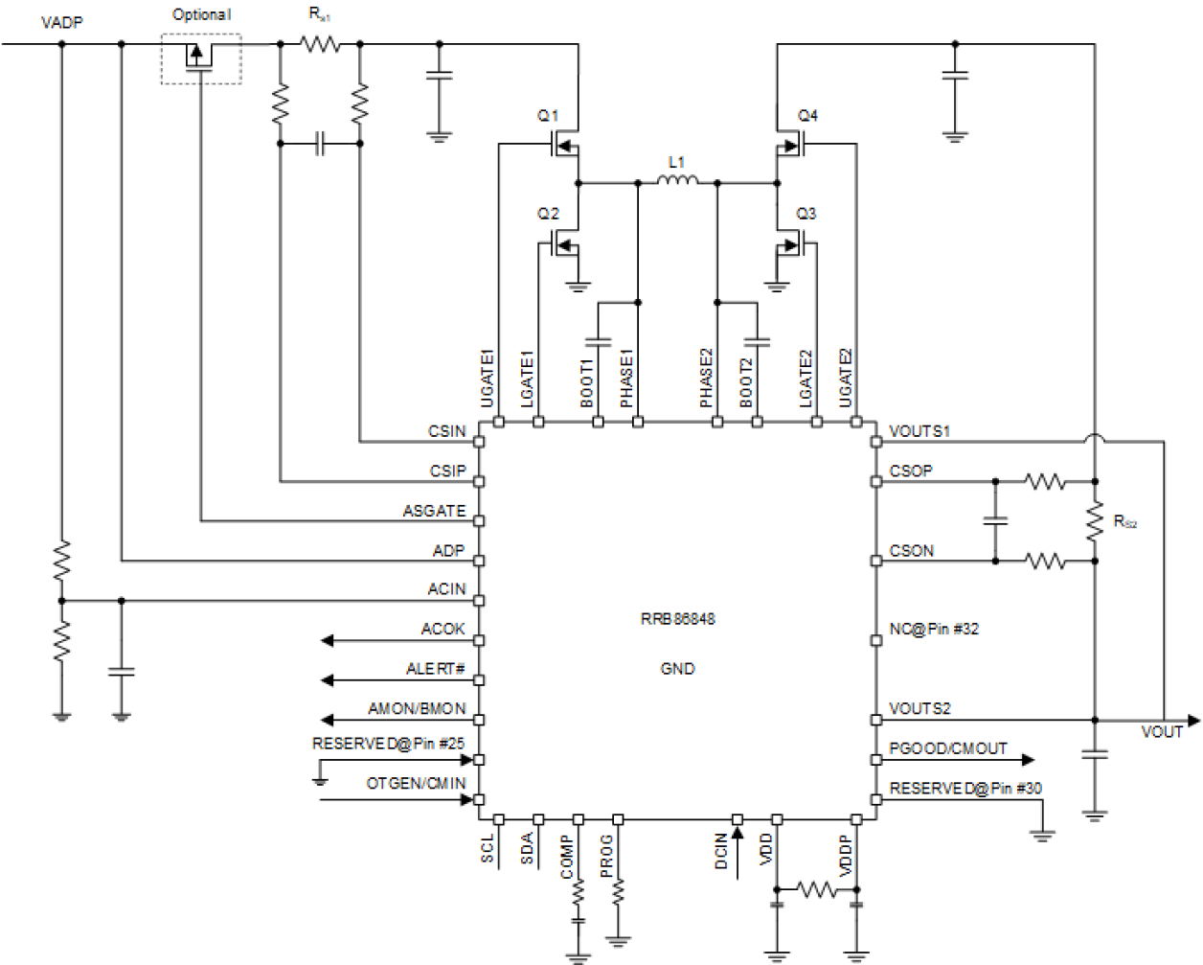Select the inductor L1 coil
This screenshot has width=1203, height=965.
click(677, 181)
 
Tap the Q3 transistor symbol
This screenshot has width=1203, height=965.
click(790, 245)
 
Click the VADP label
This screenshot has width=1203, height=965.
click(62, 21)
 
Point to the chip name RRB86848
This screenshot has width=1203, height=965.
click(677, 619)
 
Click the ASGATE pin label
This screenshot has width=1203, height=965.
click(434, 511)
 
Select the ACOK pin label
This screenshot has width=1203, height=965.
click(443, 630)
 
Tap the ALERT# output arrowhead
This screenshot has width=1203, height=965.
click(328, 680)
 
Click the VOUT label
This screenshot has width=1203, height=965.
click(1161, 732)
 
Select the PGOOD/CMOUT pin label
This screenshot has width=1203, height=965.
click(948, 749)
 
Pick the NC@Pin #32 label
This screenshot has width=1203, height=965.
click(934, 630)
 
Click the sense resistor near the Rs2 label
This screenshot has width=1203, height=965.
click(1095, 520)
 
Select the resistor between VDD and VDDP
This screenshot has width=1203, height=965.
click(816, 890)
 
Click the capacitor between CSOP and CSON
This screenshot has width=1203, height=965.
click(995, 520)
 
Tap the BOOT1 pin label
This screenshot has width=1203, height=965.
click(586, 382)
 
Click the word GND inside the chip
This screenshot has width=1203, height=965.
click(677, 669)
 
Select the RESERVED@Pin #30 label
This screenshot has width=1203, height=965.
click(965, 789)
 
